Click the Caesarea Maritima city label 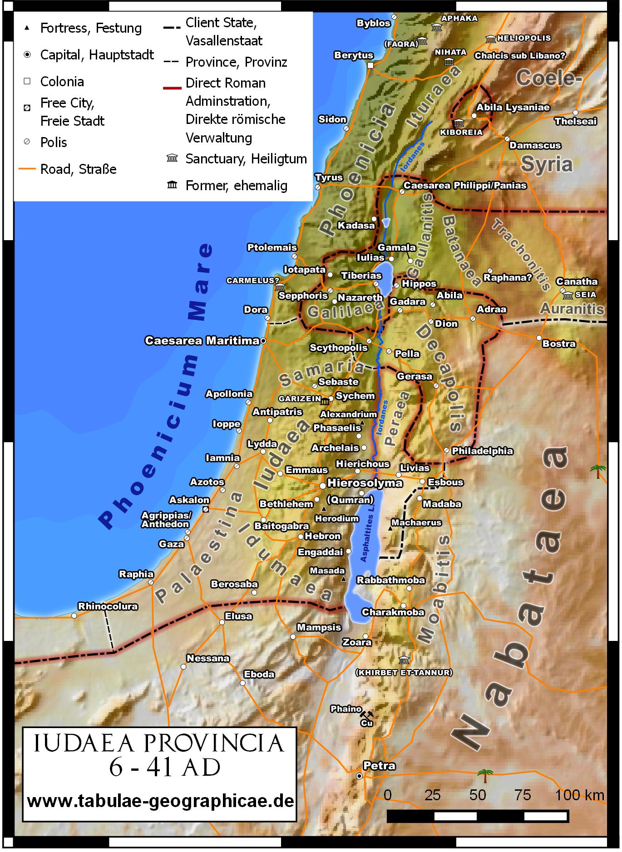(202, 340)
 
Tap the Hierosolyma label (365, 483)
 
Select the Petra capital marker (360, 776)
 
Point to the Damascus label (535, 146)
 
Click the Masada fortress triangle (343, 579)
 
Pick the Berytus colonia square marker (370, 65)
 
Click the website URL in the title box (160, 801)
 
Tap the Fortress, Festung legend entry (91, 28)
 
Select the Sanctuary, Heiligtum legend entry (246, 159)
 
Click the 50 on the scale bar (477, 795)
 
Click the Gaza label (171, 544)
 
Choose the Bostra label (558, 344)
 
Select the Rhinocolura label (108, 606)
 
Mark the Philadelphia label (482, 451)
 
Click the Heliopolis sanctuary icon (491, 39)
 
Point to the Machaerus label (416, 522)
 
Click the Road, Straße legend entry (78, 169)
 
